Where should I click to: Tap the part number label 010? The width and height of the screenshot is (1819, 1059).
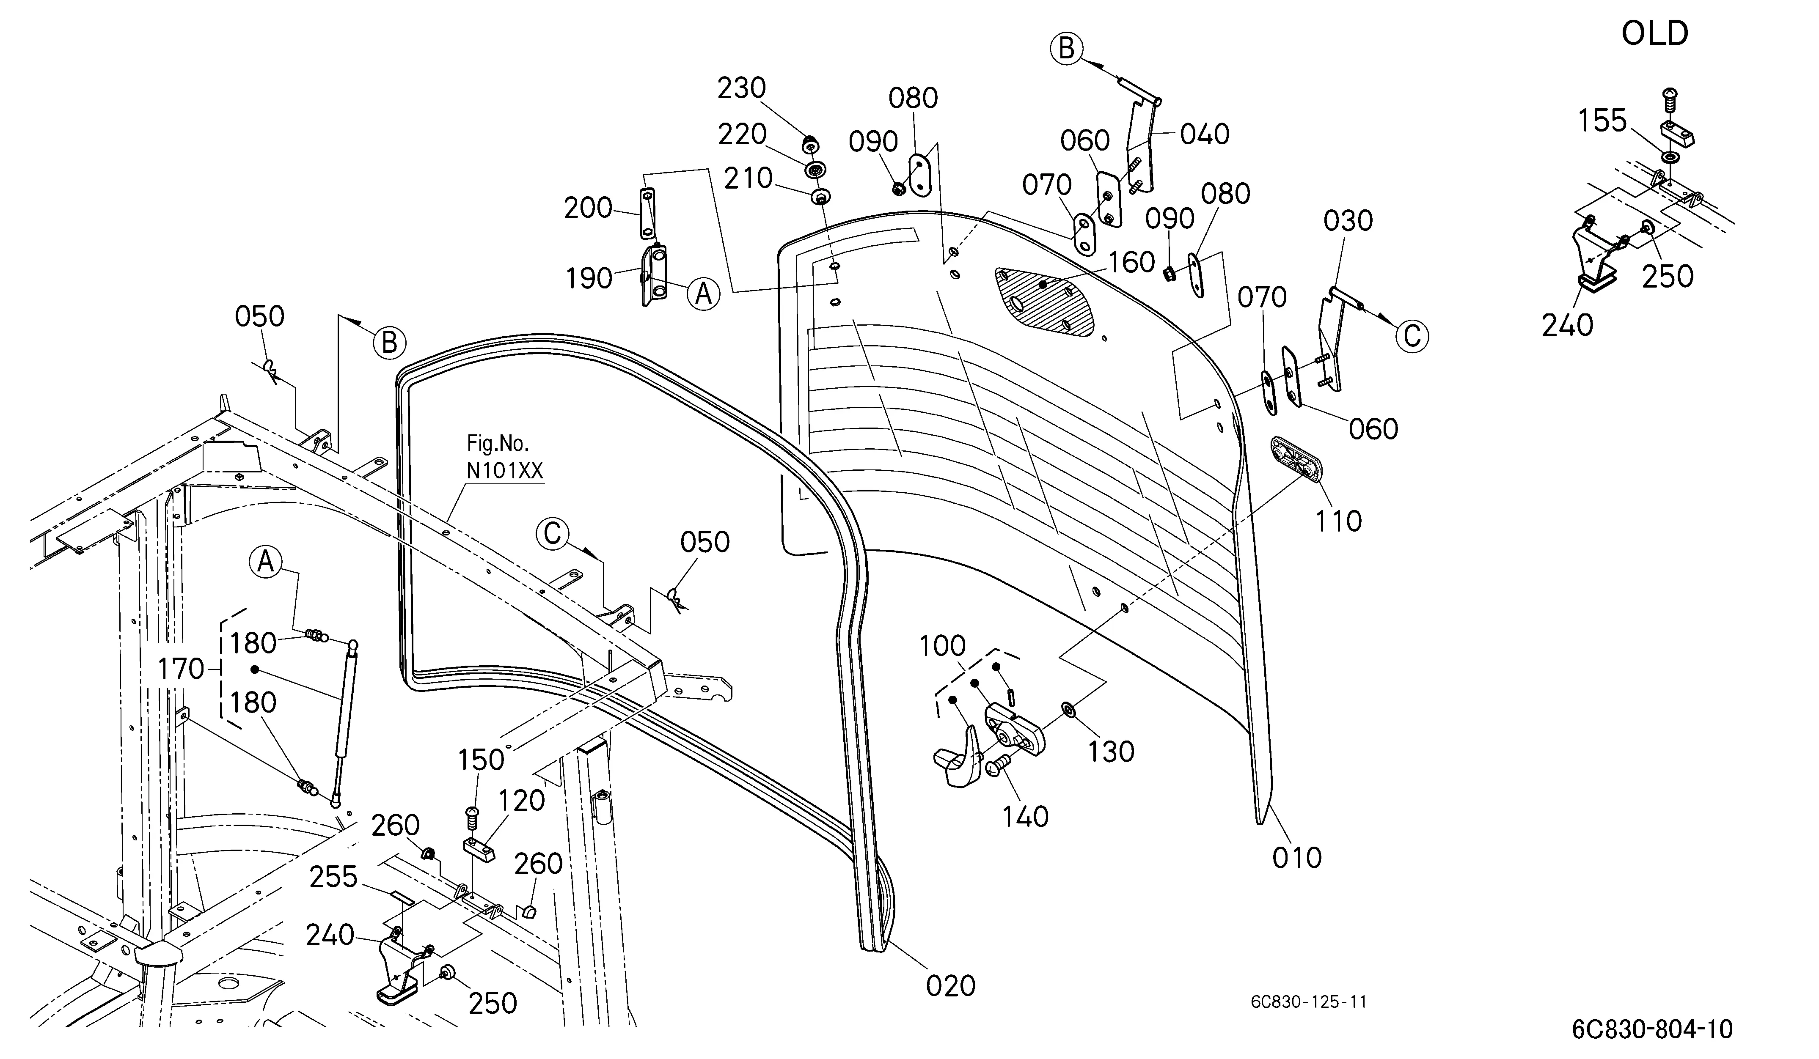tap(1297, 858)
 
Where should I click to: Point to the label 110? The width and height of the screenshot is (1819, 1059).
tap(1338, 521)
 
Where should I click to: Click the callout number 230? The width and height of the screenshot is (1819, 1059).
tap(741, 88)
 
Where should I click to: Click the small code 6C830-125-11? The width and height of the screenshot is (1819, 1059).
tap(1309, 1002)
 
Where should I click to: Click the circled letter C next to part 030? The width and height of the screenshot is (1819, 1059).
tap(1412, 336)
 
